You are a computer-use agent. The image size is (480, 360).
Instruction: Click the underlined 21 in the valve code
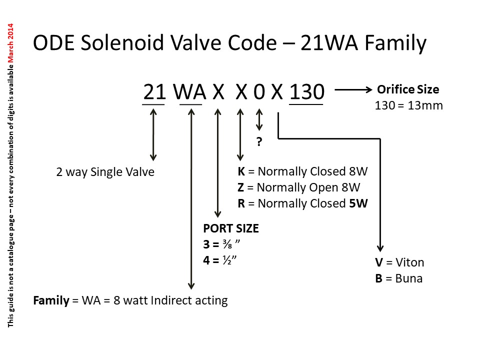[x=154, y=92]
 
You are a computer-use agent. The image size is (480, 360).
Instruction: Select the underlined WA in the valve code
[x=190, y=92]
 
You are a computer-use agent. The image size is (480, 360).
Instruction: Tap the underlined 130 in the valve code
[x=306, y=92]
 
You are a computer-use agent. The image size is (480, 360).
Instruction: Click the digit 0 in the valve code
[x=258, y=92]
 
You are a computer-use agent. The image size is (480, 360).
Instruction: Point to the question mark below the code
[x=259, y=142]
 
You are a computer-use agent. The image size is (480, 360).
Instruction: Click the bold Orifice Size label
[x=408, y=89]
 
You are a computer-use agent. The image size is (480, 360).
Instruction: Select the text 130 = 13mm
[x=408, y=105]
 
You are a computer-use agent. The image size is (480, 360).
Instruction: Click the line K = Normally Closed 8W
[x=302, y=171]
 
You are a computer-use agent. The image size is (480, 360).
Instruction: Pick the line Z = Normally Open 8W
[x=299, y=187]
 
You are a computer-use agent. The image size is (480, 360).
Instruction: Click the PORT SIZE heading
[x=231, y=228]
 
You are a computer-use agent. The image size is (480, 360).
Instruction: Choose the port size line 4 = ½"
[x=220, y=260]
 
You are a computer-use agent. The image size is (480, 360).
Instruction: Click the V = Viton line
[x=399, y=262]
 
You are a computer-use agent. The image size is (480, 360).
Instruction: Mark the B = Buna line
[x=398, y=278]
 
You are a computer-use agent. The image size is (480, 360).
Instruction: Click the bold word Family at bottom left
[x=51, y=300]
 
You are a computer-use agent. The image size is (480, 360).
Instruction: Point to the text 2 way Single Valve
[x=105, y=172]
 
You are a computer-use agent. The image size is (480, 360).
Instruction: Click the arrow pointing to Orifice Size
[x=353, y=90]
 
